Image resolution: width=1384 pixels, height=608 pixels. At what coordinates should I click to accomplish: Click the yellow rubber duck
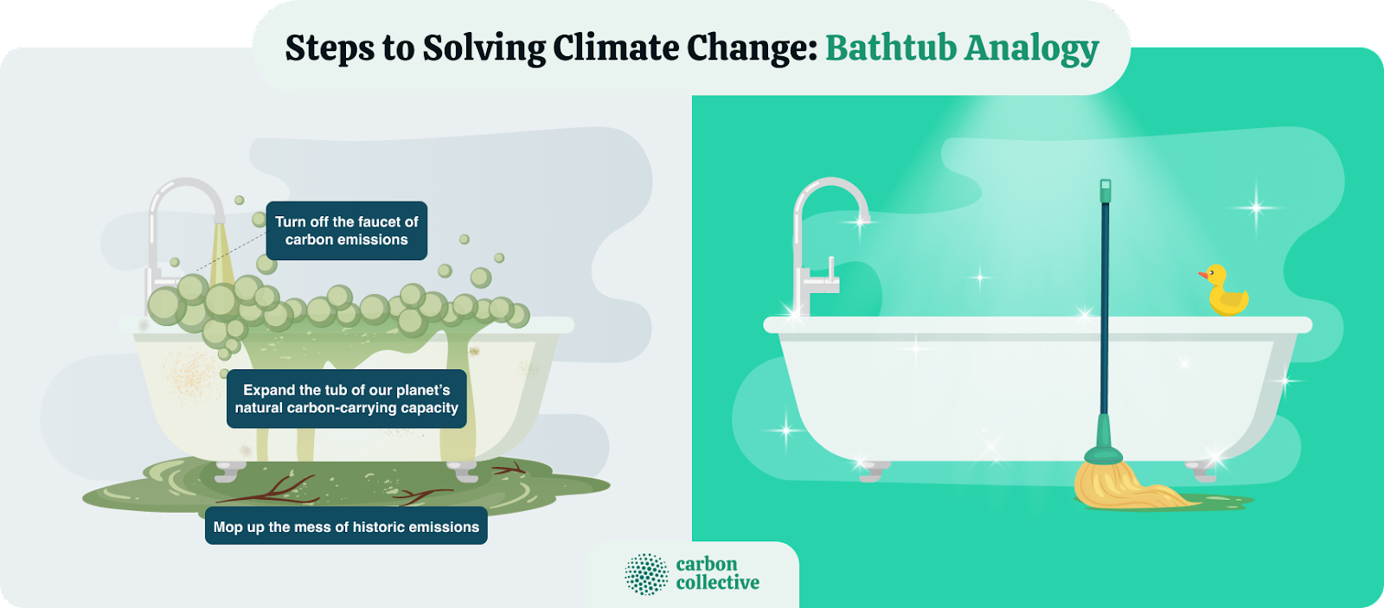(x=1227, y=294)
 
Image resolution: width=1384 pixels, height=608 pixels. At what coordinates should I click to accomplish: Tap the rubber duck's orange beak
(x=1203, y=276)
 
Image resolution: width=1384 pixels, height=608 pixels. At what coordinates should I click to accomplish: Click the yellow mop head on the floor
(x=1124, y=488)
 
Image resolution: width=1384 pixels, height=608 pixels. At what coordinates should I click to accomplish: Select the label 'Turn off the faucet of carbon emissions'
(x=346, y=231)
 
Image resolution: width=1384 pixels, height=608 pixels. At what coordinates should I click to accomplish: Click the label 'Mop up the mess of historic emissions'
(x=346, y=527)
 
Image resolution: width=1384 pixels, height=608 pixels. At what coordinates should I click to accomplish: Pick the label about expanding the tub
(x=346, y=399)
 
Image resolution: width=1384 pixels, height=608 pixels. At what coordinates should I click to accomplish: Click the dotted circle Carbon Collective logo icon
(x=646, y=574)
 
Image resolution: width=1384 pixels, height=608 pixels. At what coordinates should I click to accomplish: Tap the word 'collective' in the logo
(x=717, y=583)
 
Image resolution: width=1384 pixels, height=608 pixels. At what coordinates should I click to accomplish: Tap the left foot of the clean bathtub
(x=871, y=470)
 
